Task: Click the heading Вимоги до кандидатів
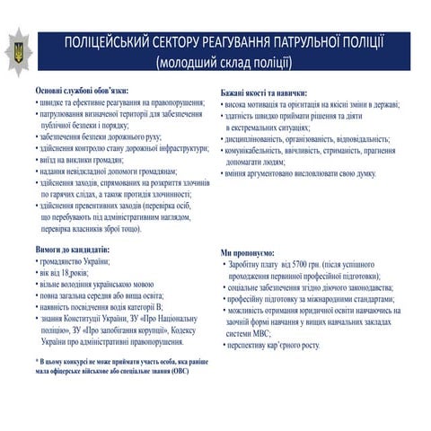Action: [x=73, y=246]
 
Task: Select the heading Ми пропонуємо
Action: [x=248, y=253]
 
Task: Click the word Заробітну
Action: [x=248, y=265]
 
